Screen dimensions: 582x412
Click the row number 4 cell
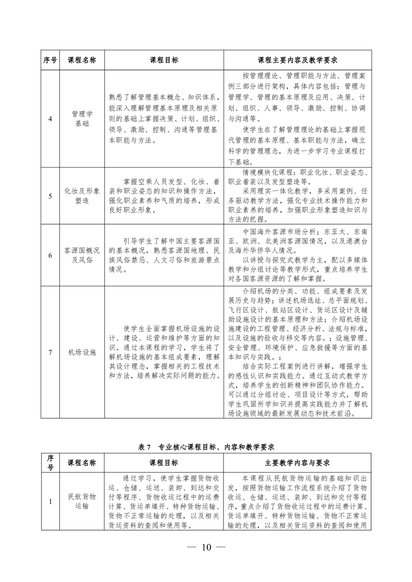[50, 119]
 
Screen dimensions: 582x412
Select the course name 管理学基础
[82, 119]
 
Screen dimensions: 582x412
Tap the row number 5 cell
[50, 196]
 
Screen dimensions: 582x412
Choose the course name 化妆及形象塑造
[82, 196]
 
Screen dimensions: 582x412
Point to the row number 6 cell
[50, 255]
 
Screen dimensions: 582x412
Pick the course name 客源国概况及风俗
[82, 255]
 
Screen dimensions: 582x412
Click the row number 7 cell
[50, 352]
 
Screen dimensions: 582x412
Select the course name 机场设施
[82, 352]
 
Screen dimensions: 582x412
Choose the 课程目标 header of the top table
[164, 60]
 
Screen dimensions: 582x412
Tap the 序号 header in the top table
[50, 60]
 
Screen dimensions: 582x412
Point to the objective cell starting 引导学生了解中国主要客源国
[164, 255]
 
